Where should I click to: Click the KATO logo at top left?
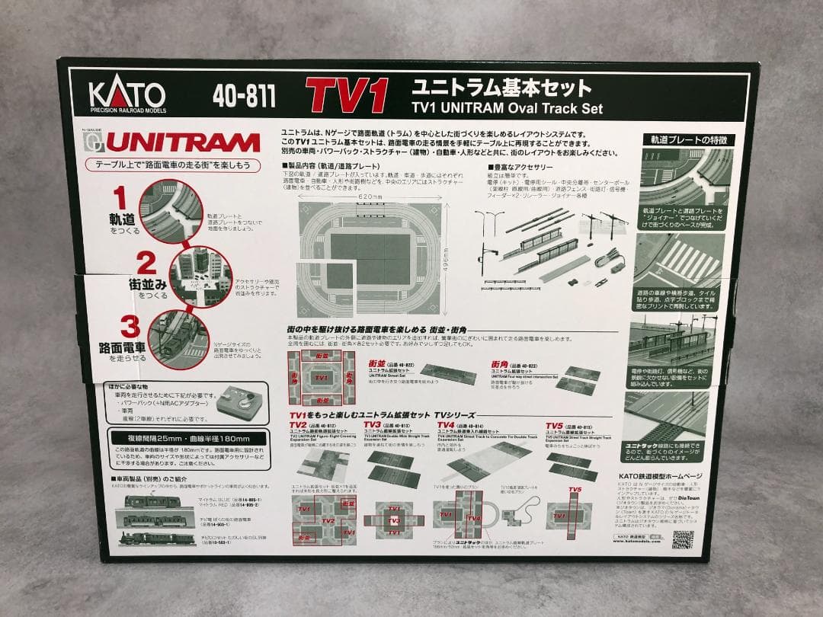127,95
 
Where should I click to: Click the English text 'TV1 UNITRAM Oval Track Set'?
507,108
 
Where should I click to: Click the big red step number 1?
120,197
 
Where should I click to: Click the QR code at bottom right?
683,539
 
